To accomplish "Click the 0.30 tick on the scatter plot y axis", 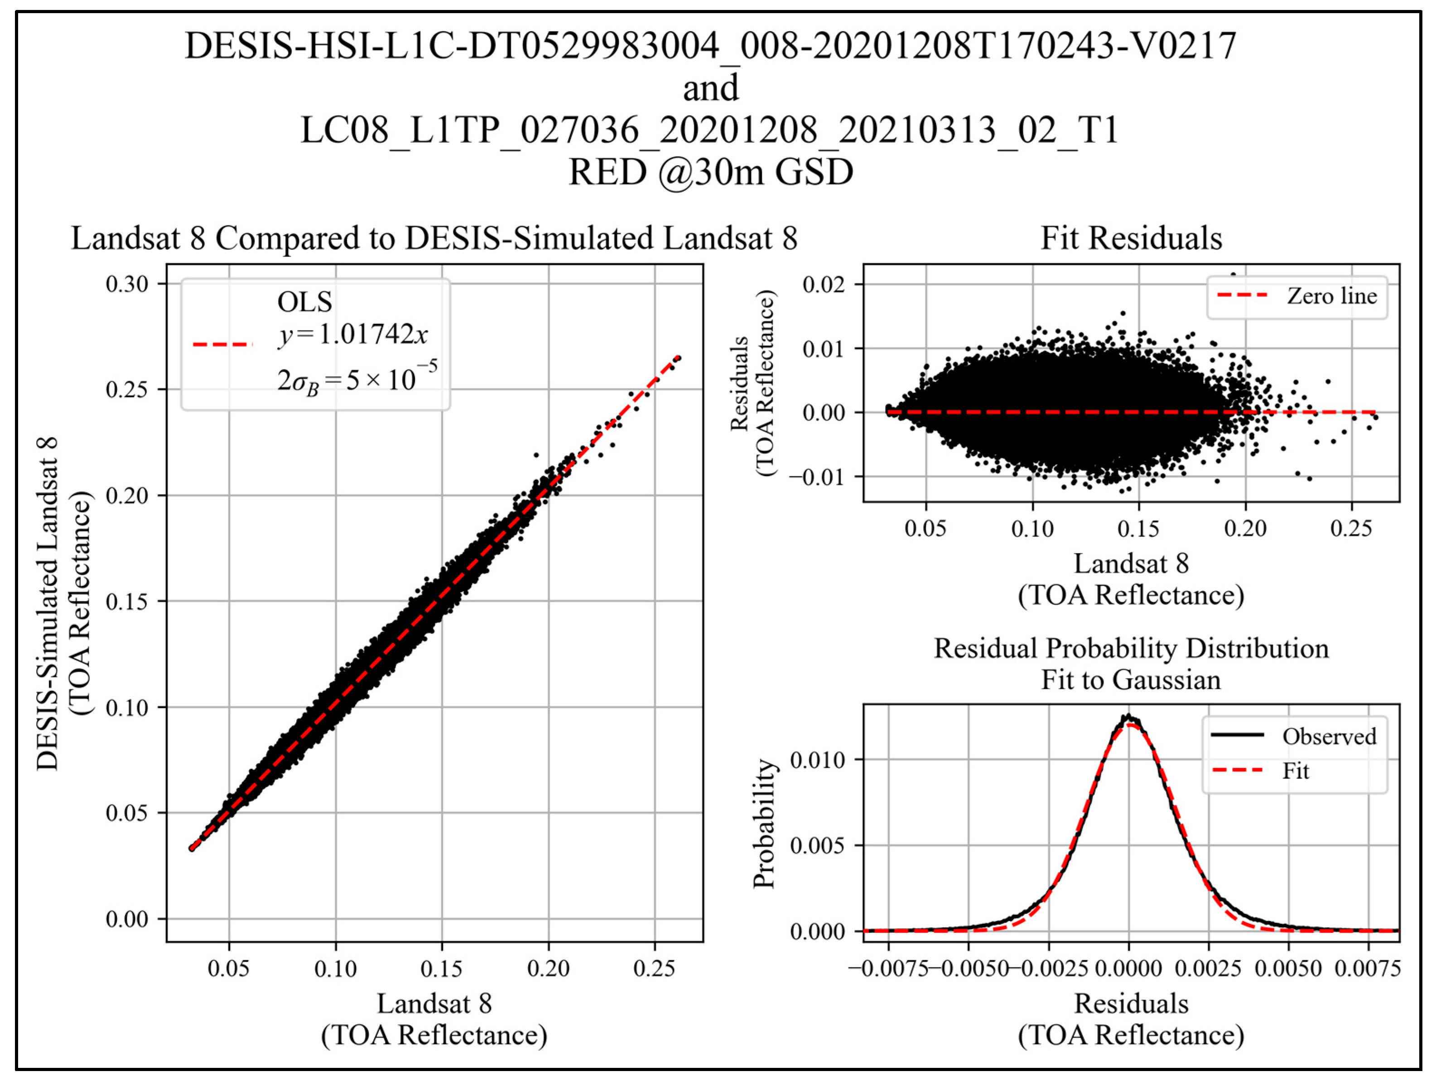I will pos(127,285).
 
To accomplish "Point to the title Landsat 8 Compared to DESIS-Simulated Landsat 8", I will pos(434,238).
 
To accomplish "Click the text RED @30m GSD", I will pos(711,173).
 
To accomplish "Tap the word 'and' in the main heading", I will pos(711,88).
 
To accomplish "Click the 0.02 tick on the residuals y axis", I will pos(823,285).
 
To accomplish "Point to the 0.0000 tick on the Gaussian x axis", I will pos(1128,969).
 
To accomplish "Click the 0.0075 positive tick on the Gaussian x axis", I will pos(1367,969).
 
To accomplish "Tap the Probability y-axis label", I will pos(765,823).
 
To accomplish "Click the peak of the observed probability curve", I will pos(1128,717).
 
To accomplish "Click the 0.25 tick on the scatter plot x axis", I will pos(655,969).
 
